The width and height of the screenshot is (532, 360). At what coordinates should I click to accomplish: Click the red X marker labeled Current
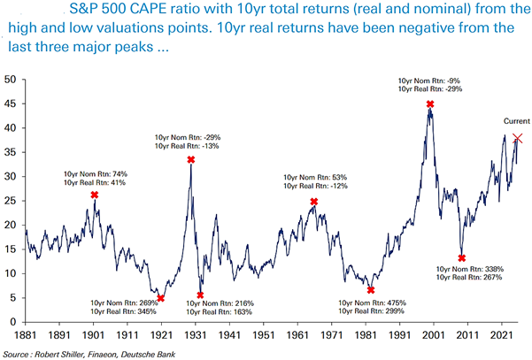click(x=518, y=138)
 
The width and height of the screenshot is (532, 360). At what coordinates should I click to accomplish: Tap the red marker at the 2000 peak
click(x=430, y=104)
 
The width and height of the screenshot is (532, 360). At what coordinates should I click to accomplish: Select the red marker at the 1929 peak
click(x=190, y=159)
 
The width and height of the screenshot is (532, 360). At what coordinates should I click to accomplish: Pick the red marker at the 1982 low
click(x=371, y=289)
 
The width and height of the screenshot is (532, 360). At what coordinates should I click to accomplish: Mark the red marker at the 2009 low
click(x=462, y=258)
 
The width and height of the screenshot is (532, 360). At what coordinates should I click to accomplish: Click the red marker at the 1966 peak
click(x=314, y=202)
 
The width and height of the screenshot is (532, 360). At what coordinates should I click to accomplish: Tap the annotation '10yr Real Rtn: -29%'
click(x=428, y=91)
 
